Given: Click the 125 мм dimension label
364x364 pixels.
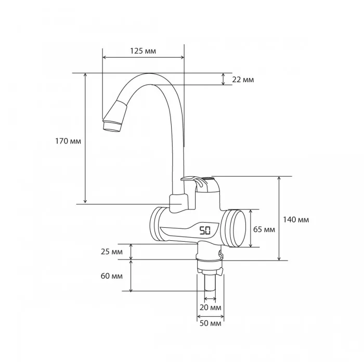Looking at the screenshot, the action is (x=143, y=51).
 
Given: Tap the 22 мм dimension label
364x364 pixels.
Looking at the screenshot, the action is (x=243, y=80).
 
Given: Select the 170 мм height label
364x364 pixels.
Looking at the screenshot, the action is (x=68, y=141).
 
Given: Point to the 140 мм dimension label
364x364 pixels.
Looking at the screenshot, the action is (x=296, y=219).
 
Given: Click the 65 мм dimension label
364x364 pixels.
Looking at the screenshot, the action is (x=264, y=229).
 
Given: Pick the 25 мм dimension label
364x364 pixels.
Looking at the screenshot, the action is (x=112, y=252).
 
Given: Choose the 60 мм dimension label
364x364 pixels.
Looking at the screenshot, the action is (x=112, y=276).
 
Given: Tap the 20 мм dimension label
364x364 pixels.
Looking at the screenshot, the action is (x=210, y=307).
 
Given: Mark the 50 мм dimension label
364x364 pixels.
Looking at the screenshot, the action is (x=210, y=323).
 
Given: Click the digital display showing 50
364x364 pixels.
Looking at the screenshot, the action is (x=205, y=231).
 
